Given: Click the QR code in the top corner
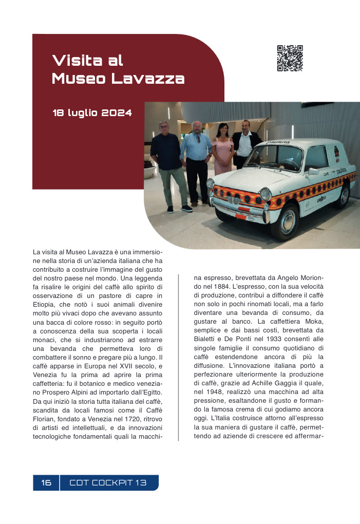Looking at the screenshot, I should tap(290, 58).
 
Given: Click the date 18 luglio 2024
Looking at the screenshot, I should tap(92, 113).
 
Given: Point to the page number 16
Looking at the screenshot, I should tap(46, 483).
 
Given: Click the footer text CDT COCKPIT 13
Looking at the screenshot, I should tap(108, 483).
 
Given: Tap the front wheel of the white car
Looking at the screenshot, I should tap(285, 221).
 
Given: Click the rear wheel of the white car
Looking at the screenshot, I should tap(342, 195).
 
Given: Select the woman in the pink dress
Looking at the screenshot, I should tap(223, 149).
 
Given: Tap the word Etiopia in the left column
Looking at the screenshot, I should tap(45, 305).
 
